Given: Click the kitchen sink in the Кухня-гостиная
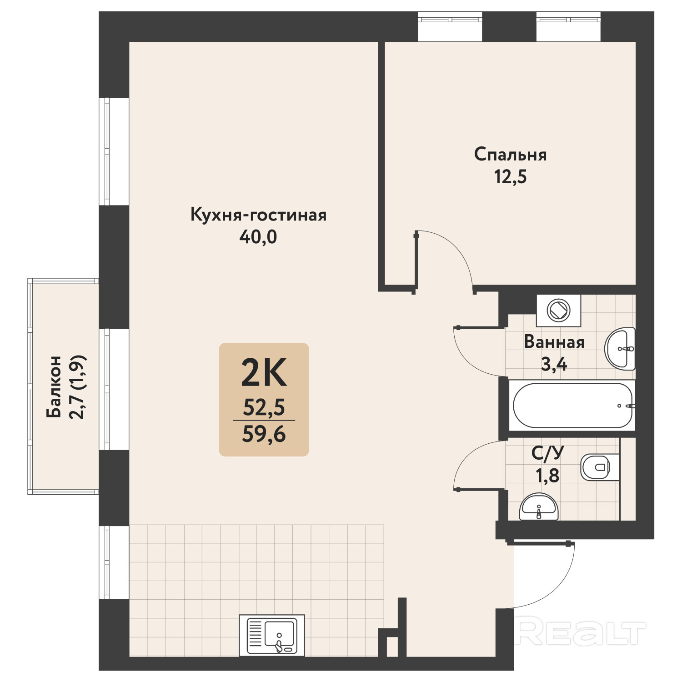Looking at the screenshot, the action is tap(272, 635).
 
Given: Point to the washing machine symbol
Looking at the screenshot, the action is tap(558, 311).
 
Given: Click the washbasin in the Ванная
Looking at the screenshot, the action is tap(620, 349).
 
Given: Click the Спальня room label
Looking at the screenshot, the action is tap(510, 155).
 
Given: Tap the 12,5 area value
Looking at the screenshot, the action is tap(510, 176).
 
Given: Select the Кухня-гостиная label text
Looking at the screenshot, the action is tap(258, 215).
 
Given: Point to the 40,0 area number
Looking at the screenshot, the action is tap(258, 237).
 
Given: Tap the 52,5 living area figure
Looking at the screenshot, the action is tap(264, 407).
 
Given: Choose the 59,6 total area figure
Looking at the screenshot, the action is tap(264, 434).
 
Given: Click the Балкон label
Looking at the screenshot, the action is tap(54, 387).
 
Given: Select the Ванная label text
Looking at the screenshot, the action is tap(554, 342).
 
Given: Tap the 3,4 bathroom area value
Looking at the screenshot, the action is tap(554, 364).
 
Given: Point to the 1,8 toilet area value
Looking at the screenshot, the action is tap(547, 476).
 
